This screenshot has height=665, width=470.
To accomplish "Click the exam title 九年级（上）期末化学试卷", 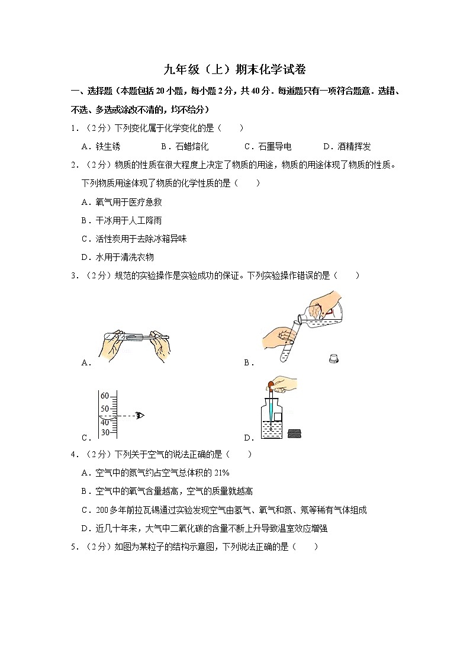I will tap(235, 69).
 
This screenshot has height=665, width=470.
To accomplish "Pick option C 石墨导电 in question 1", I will tap(268, 147).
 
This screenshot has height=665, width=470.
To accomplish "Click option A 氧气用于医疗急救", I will tap(121, 202).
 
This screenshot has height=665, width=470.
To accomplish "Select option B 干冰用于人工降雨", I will tap(121, 220).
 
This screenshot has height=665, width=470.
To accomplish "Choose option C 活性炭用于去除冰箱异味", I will tap(134, 239).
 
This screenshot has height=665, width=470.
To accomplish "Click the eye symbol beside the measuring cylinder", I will tap(140, 415).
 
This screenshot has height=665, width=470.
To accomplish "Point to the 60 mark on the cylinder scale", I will tap(105, 396).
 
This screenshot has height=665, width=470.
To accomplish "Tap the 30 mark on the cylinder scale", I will tap(105, 432).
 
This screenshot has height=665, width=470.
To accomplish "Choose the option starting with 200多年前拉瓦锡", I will tap(225, 510).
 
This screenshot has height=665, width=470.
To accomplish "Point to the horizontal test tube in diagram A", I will tap(136, 338).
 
